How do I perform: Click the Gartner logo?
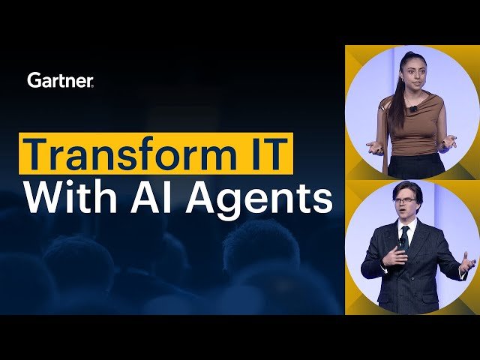pos(60,79)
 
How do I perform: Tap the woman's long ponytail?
pos(391,112)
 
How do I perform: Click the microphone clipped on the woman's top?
pos(413,109)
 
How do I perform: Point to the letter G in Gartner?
pos(33,79)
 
